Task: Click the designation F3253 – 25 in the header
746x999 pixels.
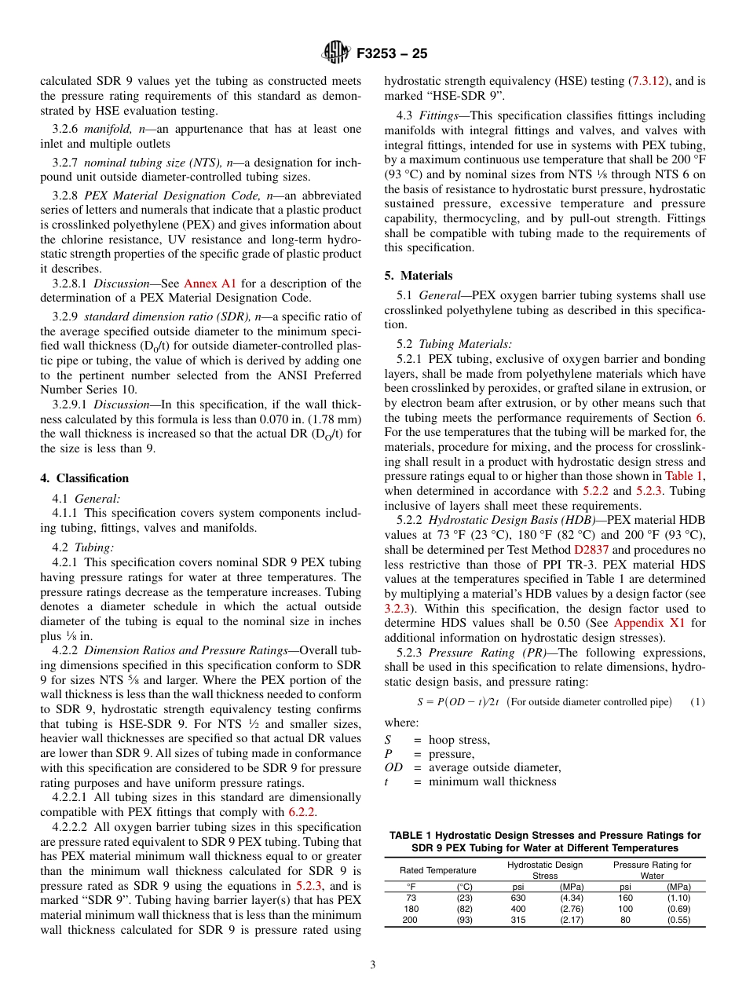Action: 391,54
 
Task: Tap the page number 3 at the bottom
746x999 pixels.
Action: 372,964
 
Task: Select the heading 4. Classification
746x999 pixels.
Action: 84,478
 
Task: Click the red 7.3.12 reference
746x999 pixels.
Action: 649,81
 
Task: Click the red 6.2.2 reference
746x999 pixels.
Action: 302,811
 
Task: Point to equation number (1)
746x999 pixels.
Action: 697,701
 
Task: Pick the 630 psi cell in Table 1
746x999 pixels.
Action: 517,898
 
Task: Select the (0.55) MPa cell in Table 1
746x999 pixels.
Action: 678,920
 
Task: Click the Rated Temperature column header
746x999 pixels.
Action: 437,870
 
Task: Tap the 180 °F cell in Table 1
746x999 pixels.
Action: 410,909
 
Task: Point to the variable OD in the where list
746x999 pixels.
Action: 393,767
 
